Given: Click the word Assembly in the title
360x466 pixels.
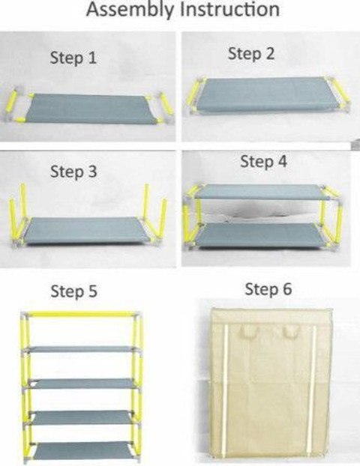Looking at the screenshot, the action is tap(130, 10).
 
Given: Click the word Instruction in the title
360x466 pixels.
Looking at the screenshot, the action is tap(230, 9).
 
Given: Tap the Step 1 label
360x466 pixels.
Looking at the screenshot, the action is tap(73, 58).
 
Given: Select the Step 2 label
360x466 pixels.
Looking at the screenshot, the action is tap(251, 54).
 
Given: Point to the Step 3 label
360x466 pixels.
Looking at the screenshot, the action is tap(73, 172).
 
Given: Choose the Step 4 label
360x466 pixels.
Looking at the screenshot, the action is tap(263, 161).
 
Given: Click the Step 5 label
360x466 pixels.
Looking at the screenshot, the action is tap(73, 291).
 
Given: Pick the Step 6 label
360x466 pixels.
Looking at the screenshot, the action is tap(268, 289).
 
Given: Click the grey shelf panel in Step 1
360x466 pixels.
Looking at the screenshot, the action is tap(91, 109).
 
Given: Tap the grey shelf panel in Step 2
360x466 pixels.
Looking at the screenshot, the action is tap(264, 94).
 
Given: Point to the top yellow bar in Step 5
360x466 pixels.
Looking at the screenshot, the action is tap(81, 314).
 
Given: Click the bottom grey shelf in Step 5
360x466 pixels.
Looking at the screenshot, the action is tap(81, 450).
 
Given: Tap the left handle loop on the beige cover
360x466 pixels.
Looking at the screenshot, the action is tap(247, 331).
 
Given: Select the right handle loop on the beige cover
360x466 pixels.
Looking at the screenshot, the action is tap(292, 331).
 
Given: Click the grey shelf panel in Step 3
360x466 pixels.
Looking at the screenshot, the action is tap(88, 231).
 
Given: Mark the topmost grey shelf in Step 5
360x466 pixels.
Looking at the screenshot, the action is tap(81, 349).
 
